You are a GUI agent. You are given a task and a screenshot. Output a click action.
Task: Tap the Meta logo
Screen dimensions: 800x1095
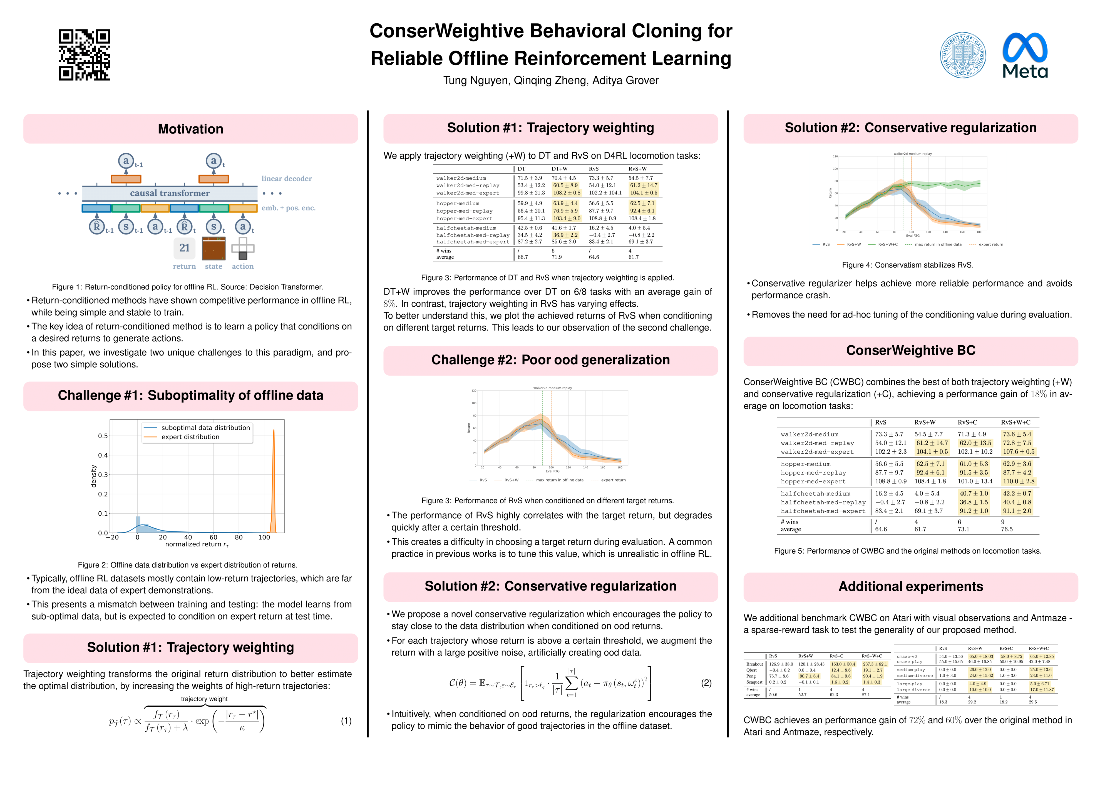coord(1024,55)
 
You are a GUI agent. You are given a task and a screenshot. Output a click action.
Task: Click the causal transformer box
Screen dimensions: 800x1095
coord(170,193)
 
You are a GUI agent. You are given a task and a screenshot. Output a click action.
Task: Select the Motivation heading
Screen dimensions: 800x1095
coord(190,129)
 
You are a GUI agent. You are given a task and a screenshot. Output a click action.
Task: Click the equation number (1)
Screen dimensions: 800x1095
coord(346,721)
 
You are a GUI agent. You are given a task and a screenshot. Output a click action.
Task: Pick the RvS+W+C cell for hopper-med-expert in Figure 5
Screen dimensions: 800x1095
coord(1019,481)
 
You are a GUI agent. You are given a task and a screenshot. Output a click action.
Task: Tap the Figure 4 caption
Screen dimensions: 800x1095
coord(907,265)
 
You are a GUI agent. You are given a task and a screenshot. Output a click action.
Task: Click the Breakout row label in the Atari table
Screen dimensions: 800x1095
coord(754,664)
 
